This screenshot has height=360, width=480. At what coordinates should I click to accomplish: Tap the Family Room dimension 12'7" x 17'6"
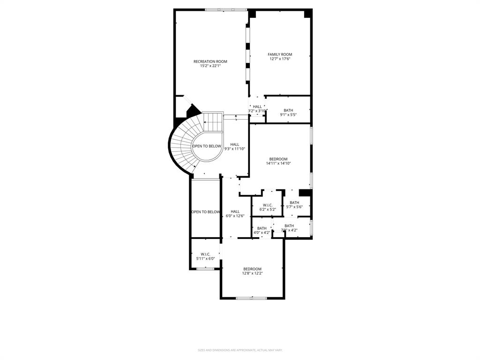pos(280,59)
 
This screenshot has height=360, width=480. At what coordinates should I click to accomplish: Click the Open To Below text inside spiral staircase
pos(207,146)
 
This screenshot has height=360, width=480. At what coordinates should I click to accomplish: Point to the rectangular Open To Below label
pos(205,212)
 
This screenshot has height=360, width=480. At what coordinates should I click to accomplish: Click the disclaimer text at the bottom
pos(240,350)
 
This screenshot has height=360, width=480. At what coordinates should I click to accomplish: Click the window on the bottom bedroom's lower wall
pos(252,298)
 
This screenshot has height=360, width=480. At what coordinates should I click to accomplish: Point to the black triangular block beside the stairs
pos(193,112)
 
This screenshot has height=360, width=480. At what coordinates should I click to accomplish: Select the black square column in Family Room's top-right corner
pos(307,14)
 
